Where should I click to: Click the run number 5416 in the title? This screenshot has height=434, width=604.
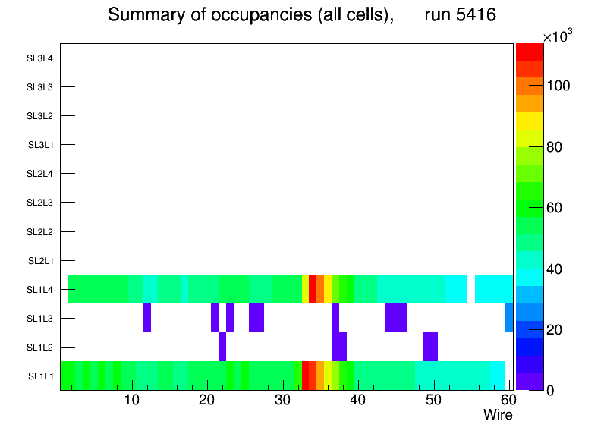click(x=461, y=14)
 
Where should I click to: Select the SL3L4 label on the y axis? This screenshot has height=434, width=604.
click(x=40, y=58)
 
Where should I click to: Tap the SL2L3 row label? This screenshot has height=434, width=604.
click(x=40, y=203)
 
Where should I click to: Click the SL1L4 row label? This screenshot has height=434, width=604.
click(x=40, y=289)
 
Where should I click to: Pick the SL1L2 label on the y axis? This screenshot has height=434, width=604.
click(x=40, y=347)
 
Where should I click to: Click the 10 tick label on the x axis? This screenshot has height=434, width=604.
click(x=131, y=400)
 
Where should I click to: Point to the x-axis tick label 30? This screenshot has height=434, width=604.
click(x=282, y=400)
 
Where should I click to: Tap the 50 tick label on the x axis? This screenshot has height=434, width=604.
click(x=433, y=400)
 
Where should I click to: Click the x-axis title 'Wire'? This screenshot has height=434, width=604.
click(x=498, y=415)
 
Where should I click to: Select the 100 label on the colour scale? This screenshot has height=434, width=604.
click(x=561, y=86)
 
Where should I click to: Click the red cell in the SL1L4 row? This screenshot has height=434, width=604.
click(x=313, y=289)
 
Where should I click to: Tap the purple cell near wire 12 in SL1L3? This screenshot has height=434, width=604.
click(x=146, y=318)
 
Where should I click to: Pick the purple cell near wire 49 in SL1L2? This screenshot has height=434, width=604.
click(x=430, y=347)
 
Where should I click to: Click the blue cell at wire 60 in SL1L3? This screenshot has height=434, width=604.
click(x=509, y=318)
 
